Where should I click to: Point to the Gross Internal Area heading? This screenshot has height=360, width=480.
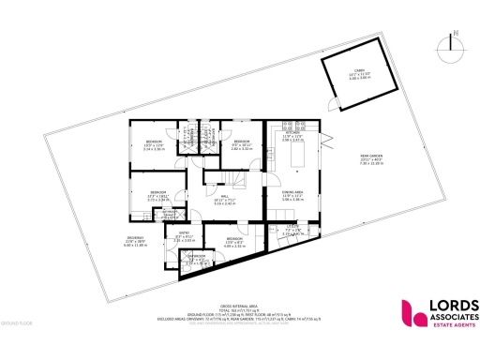coord(239,306)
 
